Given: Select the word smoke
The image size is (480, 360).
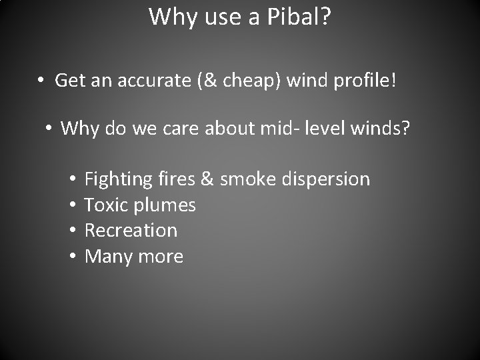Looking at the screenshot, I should pyautogui.click(x=248, y=179).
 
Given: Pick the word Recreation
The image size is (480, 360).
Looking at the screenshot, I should pyautogui.click(x=131, y=230).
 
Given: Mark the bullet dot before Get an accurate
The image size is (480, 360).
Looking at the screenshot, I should pyautogui.click(x=41, y=81).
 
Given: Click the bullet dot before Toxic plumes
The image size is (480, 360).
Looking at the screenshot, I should pyautogui.click(x=72, y=205).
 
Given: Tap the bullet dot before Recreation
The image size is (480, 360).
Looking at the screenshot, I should pyautogui.click(x=72, y=230).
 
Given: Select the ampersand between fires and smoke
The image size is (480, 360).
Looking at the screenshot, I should pyautogui.click(x=207, y=179).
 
